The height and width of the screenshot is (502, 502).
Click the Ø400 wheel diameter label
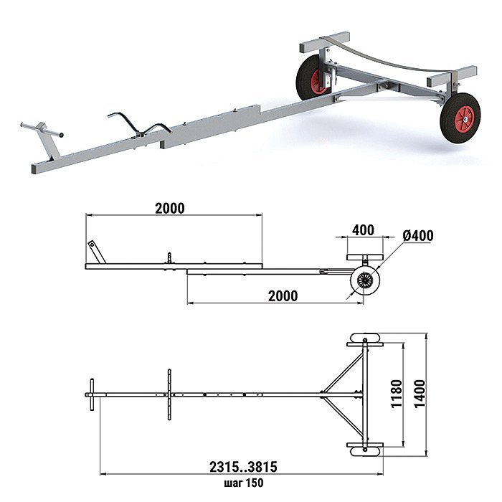coord(418,236)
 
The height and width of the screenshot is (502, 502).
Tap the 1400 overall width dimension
coord(420,394)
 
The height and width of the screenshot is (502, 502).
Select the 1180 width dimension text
coord(397,394)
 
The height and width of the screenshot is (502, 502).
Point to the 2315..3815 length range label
coord(243,467)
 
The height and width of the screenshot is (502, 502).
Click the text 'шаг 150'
coord(244,483)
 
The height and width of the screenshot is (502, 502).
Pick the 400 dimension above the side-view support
coord(363,230)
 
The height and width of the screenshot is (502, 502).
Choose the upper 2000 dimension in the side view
coord(170,208)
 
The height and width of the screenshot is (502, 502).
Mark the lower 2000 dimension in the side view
coord(283,295)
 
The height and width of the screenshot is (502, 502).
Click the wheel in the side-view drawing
coord(365,281)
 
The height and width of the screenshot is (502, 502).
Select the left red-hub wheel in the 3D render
coord(314,77)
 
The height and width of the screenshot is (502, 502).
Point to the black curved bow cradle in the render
coord(140,126)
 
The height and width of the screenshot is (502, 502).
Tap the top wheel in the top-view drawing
coord(364,338)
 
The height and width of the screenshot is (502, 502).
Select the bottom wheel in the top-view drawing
coord(365,451)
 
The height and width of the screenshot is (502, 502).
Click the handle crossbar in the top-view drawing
coord(93,394)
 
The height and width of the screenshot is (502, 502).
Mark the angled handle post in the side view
coord(97,252)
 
